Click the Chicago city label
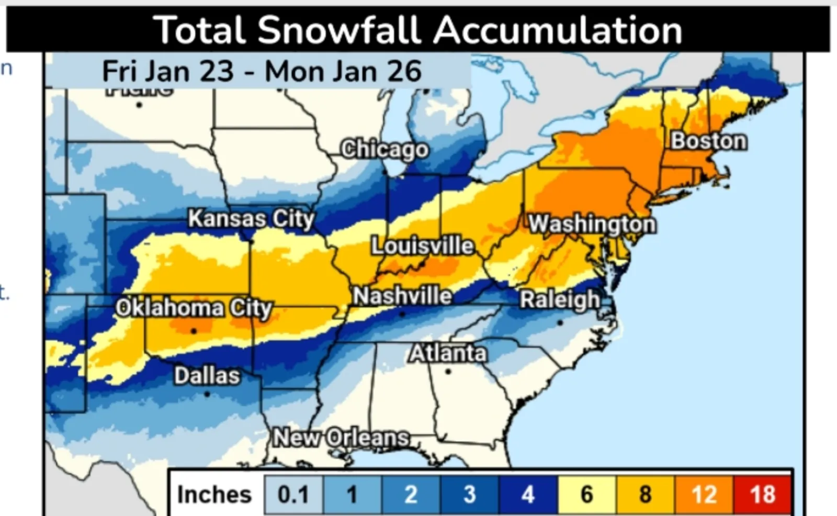(385, 150)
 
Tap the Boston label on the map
(709, 141)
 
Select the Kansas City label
(251, 218)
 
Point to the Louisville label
(423, 245)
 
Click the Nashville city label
(402, 296)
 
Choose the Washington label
(592, 224)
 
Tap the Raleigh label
(560, 300)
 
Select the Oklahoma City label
(194, 308)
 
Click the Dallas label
(207, 375)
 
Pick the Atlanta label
(448, 354)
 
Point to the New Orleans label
(341, 438)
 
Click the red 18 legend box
(762, 495)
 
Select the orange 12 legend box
(704, 495)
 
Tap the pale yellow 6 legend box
(587, 495)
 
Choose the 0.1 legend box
(293, 495)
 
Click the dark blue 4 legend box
(528, 495)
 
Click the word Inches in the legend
(214, 495)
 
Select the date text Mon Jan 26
(343, 71)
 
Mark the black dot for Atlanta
(448, 372)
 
